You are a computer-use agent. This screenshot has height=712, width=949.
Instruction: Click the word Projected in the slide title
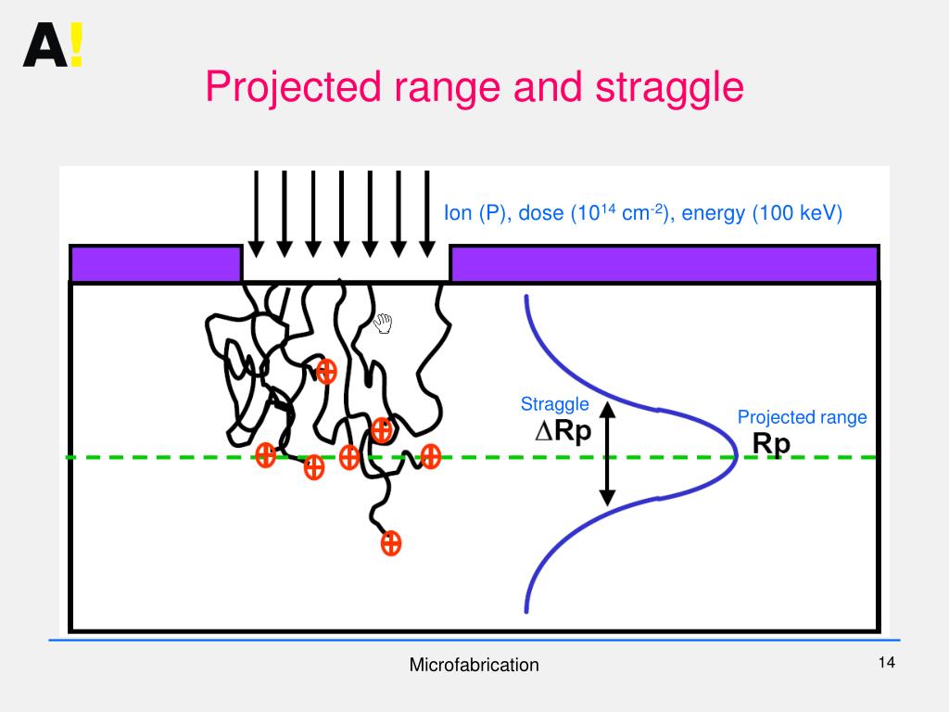coord(294,88)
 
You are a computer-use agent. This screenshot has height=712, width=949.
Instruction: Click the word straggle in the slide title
coord(669,88)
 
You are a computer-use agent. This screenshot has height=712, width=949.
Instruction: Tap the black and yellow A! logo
coord(53,45)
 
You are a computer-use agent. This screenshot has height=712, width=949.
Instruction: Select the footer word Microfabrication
coord(474,665)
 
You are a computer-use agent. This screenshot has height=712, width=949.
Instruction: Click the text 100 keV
coord(797,214)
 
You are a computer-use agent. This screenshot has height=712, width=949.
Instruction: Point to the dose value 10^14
coord(592,213)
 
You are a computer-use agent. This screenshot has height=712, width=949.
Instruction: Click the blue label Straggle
coord(554,404)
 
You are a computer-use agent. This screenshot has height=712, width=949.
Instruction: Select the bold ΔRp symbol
coord(563,432)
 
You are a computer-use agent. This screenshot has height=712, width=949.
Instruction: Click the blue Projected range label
coord(802,417)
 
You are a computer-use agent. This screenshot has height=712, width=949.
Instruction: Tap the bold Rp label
coord(771,444)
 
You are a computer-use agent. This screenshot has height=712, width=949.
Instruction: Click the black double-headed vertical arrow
coord(607,454)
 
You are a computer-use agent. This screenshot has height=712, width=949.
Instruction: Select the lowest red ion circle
coord(391,543)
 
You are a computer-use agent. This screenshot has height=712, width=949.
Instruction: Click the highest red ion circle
coord(325,372)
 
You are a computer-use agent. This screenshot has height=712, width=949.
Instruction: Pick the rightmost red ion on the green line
coord(430,456)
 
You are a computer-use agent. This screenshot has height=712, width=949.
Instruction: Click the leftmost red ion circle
coord(266,455)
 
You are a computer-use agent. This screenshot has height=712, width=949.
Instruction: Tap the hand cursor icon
coord(383,324)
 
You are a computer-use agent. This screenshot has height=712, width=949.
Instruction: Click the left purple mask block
coord(156,263)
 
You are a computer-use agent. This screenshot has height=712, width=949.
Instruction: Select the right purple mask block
coord(664,263)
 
